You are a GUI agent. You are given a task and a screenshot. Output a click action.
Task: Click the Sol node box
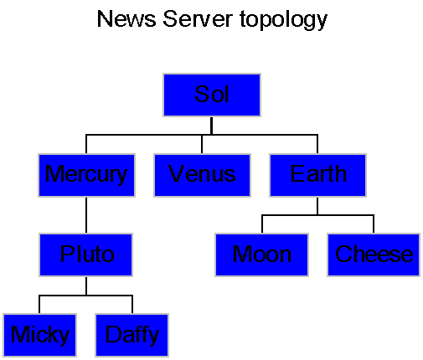(212, 95)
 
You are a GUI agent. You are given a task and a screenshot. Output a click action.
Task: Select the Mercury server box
(86, 175)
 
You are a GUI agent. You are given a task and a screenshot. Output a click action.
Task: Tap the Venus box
(202, 175)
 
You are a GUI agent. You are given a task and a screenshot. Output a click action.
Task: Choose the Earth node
(317, 175)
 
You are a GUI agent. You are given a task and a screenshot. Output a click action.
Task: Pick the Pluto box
(85, 255)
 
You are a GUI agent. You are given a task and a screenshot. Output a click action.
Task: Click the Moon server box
(261, 255)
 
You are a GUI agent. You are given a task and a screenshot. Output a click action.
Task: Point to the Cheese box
(374, 255)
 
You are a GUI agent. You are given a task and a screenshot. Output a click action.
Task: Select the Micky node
(39, 335)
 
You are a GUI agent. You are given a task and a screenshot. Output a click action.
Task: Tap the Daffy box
(132, 335)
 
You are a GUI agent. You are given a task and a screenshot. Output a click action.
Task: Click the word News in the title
(126, 19)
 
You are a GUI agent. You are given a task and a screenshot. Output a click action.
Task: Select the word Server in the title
(198, 19)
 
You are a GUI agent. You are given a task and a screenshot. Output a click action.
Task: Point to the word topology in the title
(283, 20)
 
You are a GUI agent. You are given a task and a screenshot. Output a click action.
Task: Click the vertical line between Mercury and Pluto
(86, 215)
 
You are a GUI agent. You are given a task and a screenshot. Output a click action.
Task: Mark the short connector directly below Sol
(212, 126)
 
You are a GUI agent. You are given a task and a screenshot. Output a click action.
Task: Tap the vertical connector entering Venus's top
(202, 144)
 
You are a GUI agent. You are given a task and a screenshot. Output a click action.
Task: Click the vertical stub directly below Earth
(317, 206)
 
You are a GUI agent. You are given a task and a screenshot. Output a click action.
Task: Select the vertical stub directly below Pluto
(86, 286)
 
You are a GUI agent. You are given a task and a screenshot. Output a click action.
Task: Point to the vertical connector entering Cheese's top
(374, 224)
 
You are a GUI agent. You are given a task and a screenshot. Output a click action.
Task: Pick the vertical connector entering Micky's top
(39, 304)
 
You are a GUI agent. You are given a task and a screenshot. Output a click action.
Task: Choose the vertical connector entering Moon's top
(262, 224)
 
